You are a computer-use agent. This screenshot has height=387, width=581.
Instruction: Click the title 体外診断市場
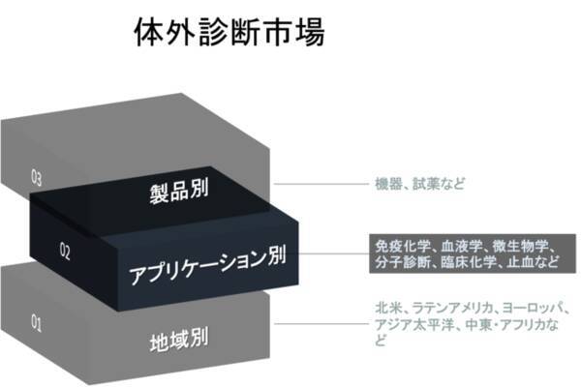tap(229, 32)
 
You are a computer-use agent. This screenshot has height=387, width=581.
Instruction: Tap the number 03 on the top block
tap(37, 177)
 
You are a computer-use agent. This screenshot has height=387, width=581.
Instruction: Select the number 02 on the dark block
tap(65, 251)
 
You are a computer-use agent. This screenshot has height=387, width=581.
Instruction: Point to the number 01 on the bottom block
tap(37, 322)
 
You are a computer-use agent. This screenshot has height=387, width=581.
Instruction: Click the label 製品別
tap(179, 191)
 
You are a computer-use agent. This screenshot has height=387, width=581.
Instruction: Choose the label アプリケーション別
tap(207, 264)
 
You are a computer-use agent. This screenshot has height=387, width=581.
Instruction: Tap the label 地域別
tap(179, 339)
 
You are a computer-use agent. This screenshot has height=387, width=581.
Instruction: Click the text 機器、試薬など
tap(419, 184)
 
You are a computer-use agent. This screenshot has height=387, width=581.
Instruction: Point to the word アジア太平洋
tap(414, 325)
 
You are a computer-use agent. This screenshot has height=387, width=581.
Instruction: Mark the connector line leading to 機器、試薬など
tap(321, 184)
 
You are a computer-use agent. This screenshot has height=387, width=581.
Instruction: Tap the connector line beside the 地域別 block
tap(321, 324)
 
